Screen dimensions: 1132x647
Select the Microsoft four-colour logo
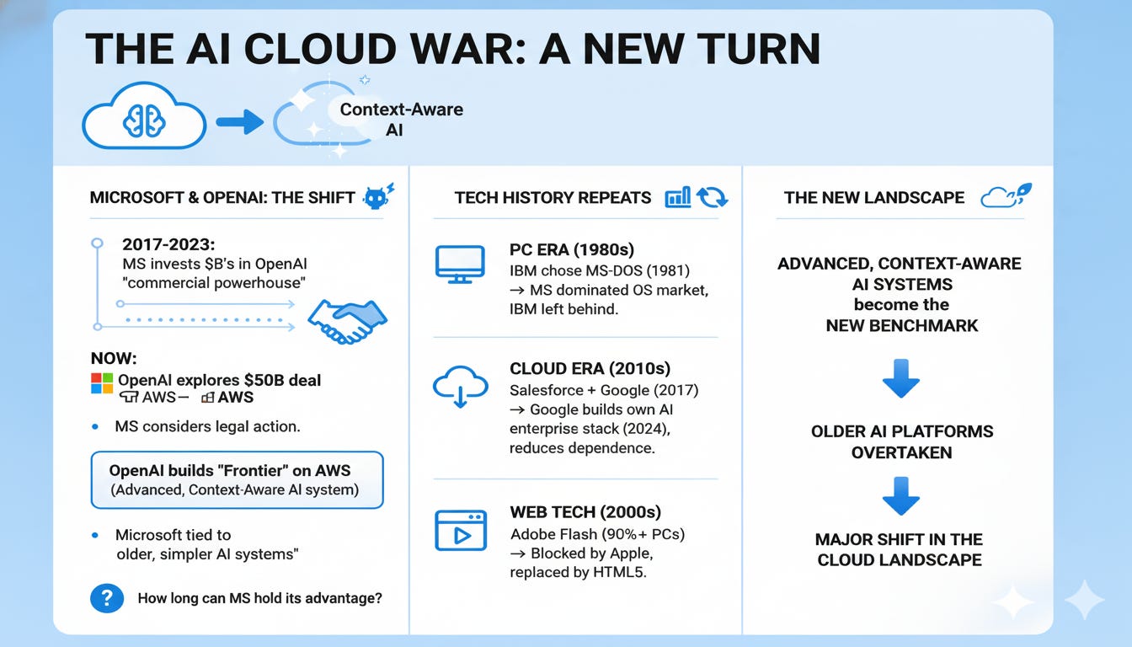coord(102,383)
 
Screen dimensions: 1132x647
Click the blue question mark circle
coord(107,598)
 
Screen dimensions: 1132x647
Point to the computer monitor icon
coord(460,265)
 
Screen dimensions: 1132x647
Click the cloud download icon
coord(461,386)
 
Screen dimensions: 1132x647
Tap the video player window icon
coord(461,530)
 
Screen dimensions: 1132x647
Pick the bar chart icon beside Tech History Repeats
coord(678,197)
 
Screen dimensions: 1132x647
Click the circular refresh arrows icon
coord(712,197)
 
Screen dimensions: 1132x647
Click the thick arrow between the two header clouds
coord(240,122)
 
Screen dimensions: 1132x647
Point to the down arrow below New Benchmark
coord(900,378)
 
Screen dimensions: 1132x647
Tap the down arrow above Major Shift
coord(900,496)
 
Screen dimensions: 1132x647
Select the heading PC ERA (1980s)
coord(572,249)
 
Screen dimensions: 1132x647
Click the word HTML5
coord(620,572)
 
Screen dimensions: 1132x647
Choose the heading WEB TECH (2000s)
coord(585,512)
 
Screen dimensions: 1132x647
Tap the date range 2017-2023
coord(168,244)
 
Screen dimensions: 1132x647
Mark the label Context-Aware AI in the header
coord(401,120)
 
